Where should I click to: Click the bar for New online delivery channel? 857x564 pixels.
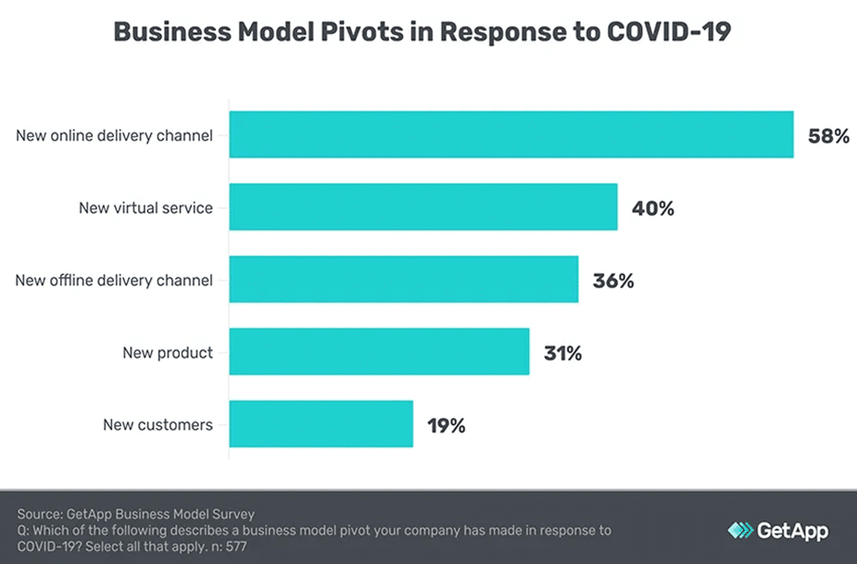pos(511,135)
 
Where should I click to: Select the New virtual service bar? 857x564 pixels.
pos(423,207)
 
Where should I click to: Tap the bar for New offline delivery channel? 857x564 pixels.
pos(404,280)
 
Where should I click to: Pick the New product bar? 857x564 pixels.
pos(379,352)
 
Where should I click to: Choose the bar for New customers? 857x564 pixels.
pos(321,425)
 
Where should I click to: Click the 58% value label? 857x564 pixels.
pos(828,136)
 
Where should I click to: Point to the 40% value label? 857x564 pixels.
pos(652,208)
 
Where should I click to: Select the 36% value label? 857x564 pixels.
pos(613,281)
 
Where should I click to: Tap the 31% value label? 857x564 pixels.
pos(562,353)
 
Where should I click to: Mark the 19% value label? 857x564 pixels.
pos(446,426)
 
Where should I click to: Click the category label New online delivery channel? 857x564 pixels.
pos(114,135)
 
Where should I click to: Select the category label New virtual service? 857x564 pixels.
pos(145,207)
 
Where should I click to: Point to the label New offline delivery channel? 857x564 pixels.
pos(114,280)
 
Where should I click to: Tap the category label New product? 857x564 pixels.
pos(168,352)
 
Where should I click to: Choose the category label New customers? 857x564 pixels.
pos(158,425)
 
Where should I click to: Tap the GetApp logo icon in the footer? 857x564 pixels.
pos(740,531)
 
